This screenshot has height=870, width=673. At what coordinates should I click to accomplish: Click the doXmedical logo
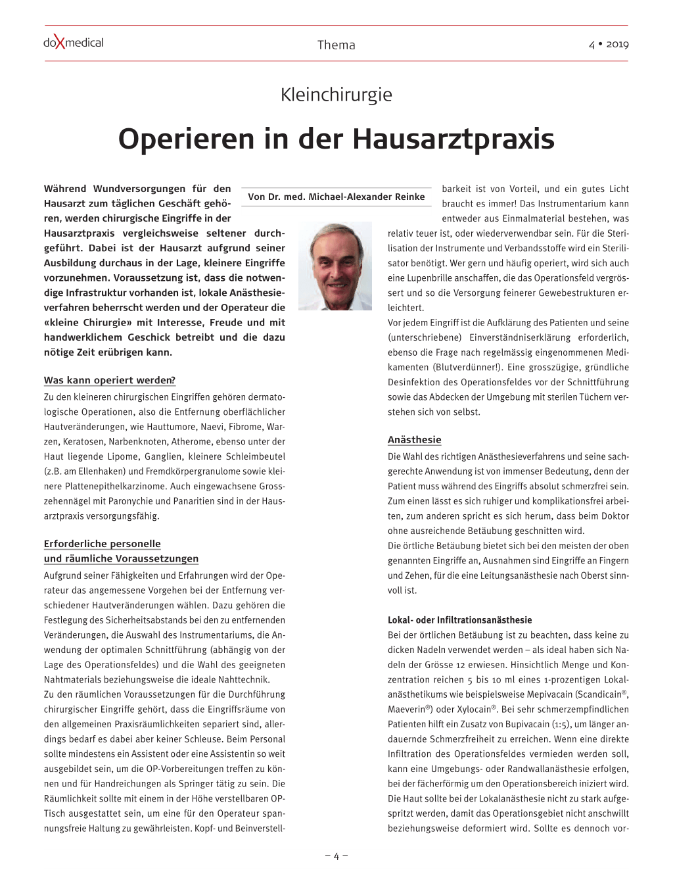point(74,43)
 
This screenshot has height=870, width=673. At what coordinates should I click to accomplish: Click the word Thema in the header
point(336,45)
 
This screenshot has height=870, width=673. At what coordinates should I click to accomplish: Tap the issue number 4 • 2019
point(609,44)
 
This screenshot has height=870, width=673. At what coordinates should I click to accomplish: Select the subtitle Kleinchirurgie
point(336,95)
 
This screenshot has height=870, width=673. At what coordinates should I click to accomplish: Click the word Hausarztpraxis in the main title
point(453,139)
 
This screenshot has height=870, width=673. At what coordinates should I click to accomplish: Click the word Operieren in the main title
point(186,139)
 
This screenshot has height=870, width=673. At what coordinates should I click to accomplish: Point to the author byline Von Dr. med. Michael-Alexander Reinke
point(336,197)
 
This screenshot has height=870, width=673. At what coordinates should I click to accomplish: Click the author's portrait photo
point(335,266)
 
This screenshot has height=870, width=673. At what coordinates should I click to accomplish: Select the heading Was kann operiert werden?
point(110,380)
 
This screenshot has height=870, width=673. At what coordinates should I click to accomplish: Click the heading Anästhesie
point(414,440)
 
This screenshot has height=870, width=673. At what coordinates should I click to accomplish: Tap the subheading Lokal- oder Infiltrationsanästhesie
point(459,620)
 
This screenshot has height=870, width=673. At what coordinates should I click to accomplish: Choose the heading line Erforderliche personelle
point(102,544)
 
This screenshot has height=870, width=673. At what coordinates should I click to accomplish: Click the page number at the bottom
point(336,856)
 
